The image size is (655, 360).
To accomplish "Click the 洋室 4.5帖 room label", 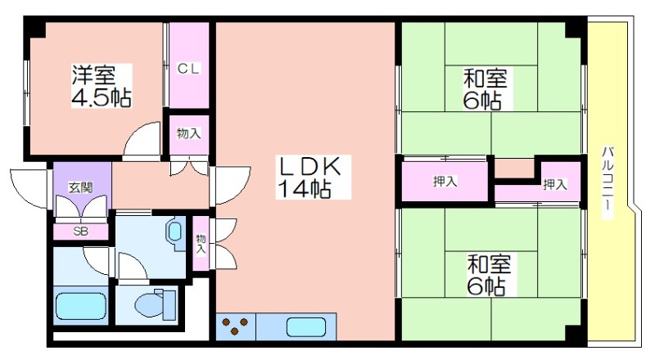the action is [102, 86].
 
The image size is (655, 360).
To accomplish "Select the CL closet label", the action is [189, 68].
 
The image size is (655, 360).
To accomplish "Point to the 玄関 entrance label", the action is [80, 188].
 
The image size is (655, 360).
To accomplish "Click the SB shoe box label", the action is [80, 231].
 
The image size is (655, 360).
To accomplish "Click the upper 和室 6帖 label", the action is [485, 89].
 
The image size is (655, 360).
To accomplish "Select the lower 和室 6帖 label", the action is [488, 274].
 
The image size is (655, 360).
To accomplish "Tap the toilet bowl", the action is [155, 304].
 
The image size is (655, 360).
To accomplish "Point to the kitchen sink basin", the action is [306, 327].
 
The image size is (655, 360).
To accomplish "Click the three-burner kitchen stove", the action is [235, 326].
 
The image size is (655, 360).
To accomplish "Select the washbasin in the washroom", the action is [175, 232].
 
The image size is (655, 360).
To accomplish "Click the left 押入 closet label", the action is [445, 182].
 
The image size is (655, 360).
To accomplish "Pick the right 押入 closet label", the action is [555, 184].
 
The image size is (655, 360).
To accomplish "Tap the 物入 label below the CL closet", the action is [189, 133].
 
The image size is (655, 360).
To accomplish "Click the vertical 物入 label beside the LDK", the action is [201, 245].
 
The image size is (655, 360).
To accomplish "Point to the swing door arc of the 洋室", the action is [142, 140].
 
